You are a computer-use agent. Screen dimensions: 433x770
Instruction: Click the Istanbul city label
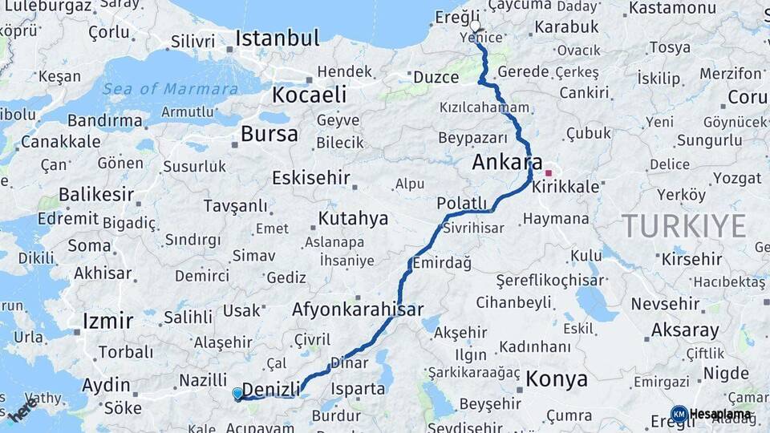(278, 38)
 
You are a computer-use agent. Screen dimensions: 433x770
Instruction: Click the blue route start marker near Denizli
(237, 394)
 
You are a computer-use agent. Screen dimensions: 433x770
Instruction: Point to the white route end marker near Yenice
(475, 26)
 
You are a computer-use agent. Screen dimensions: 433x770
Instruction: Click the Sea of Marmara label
(170, 89)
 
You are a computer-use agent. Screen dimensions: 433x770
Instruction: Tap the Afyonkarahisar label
(358, 309)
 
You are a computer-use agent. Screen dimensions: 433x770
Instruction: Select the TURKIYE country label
(684, 226)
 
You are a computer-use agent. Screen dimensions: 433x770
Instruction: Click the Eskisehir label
(311, 177)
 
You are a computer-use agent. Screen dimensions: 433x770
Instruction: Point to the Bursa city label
(269, 134)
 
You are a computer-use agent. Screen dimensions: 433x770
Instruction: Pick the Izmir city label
(107, 322)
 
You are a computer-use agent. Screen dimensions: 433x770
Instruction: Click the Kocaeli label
(309, 95)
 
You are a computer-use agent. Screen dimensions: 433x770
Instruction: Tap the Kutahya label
(353, 218)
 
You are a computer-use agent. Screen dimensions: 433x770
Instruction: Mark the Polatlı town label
(462, 204)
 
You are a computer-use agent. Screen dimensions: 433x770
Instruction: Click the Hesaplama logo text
(720, 414)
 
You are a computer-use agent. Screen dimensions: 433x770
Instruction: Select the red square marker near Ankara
(549, 172)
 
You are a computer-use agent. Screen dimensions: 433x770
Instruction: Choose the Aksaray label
(685, 330)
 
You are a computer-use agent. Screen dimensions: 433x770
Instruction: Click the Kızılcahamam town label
(484, 107)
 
